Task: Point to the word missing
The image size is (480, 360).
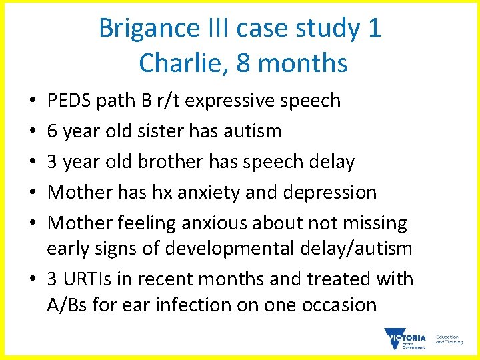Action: [368, 223]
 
